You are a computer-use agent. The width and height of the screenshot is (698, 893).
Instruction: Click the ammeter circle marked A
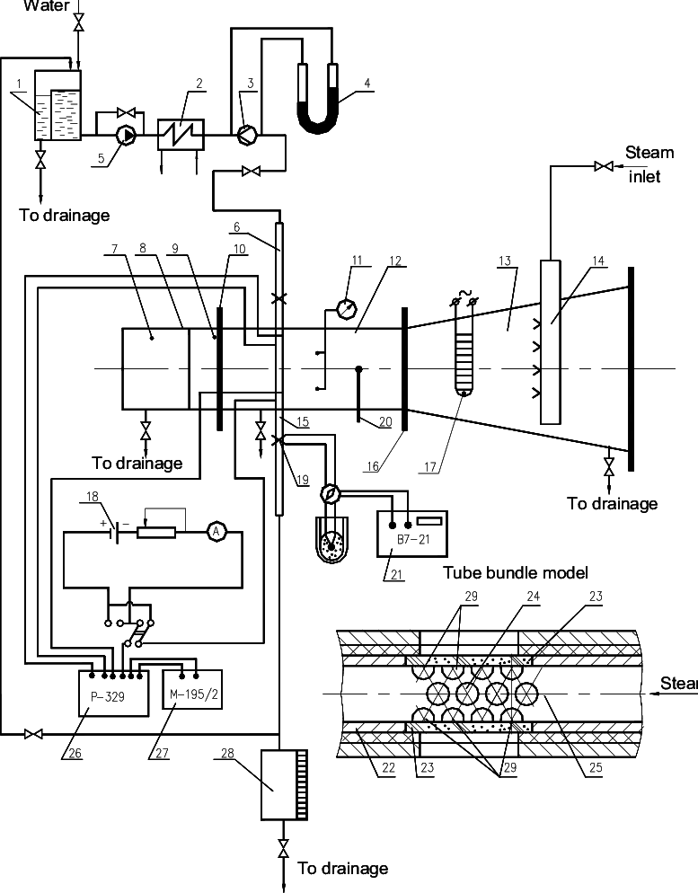tap(216, 532)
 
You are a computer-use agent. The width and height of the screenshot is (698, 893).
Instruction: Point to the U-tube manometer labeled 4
tap(317, 106)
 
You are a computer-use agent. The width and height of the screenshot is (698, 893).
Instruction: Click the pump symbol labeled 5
tap(128, 135)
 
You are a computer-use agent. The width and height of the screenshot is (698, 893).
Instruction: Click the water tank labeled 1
tap(57, 104)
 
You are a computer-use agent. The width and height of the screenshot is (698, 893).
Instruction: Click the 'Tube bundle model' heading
tap(516, 572)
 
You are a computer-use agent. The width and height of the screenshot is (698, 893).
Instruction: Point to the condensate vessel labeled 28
tap(284, 784)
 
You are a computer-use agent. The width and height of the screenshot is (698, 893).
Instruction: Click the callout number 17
tap(433, 465)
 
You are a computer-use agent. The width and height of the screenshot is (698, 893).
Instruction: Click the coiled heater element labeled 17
tap(464, 350)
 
